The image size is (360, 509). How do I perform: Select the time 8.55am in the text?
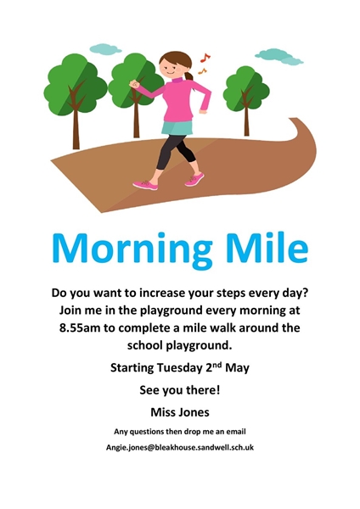(81, 327)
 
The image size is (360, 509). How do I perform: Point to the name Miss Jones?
(180, 412)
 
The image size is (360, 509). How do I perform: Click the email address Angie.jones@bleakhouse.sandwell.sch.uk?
(180, 448)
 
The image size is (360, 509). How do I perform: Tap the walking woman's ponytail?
(189, 76)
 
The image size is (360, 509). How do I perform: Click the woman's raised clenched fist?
(134, 84)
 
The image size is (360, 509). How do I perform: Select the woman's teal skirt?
(177, 127)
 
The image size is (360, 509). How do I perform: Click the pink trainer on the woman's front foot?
(145, 185)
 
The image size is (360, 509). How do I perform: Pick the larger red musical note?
(205, 58)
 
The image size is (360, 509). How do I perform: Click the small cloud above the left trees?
(105, 49)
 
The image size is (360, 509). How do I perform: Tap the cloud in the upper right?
(279, 57)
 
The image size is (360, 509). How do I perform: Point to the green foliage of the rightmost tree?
(246, 87)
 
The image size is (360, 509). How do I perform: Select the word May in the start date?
(237, 368)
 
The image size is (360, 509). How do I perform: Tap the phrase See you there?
(180, 390)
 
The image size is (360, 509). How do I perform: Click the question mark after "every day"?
(305, 293)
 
